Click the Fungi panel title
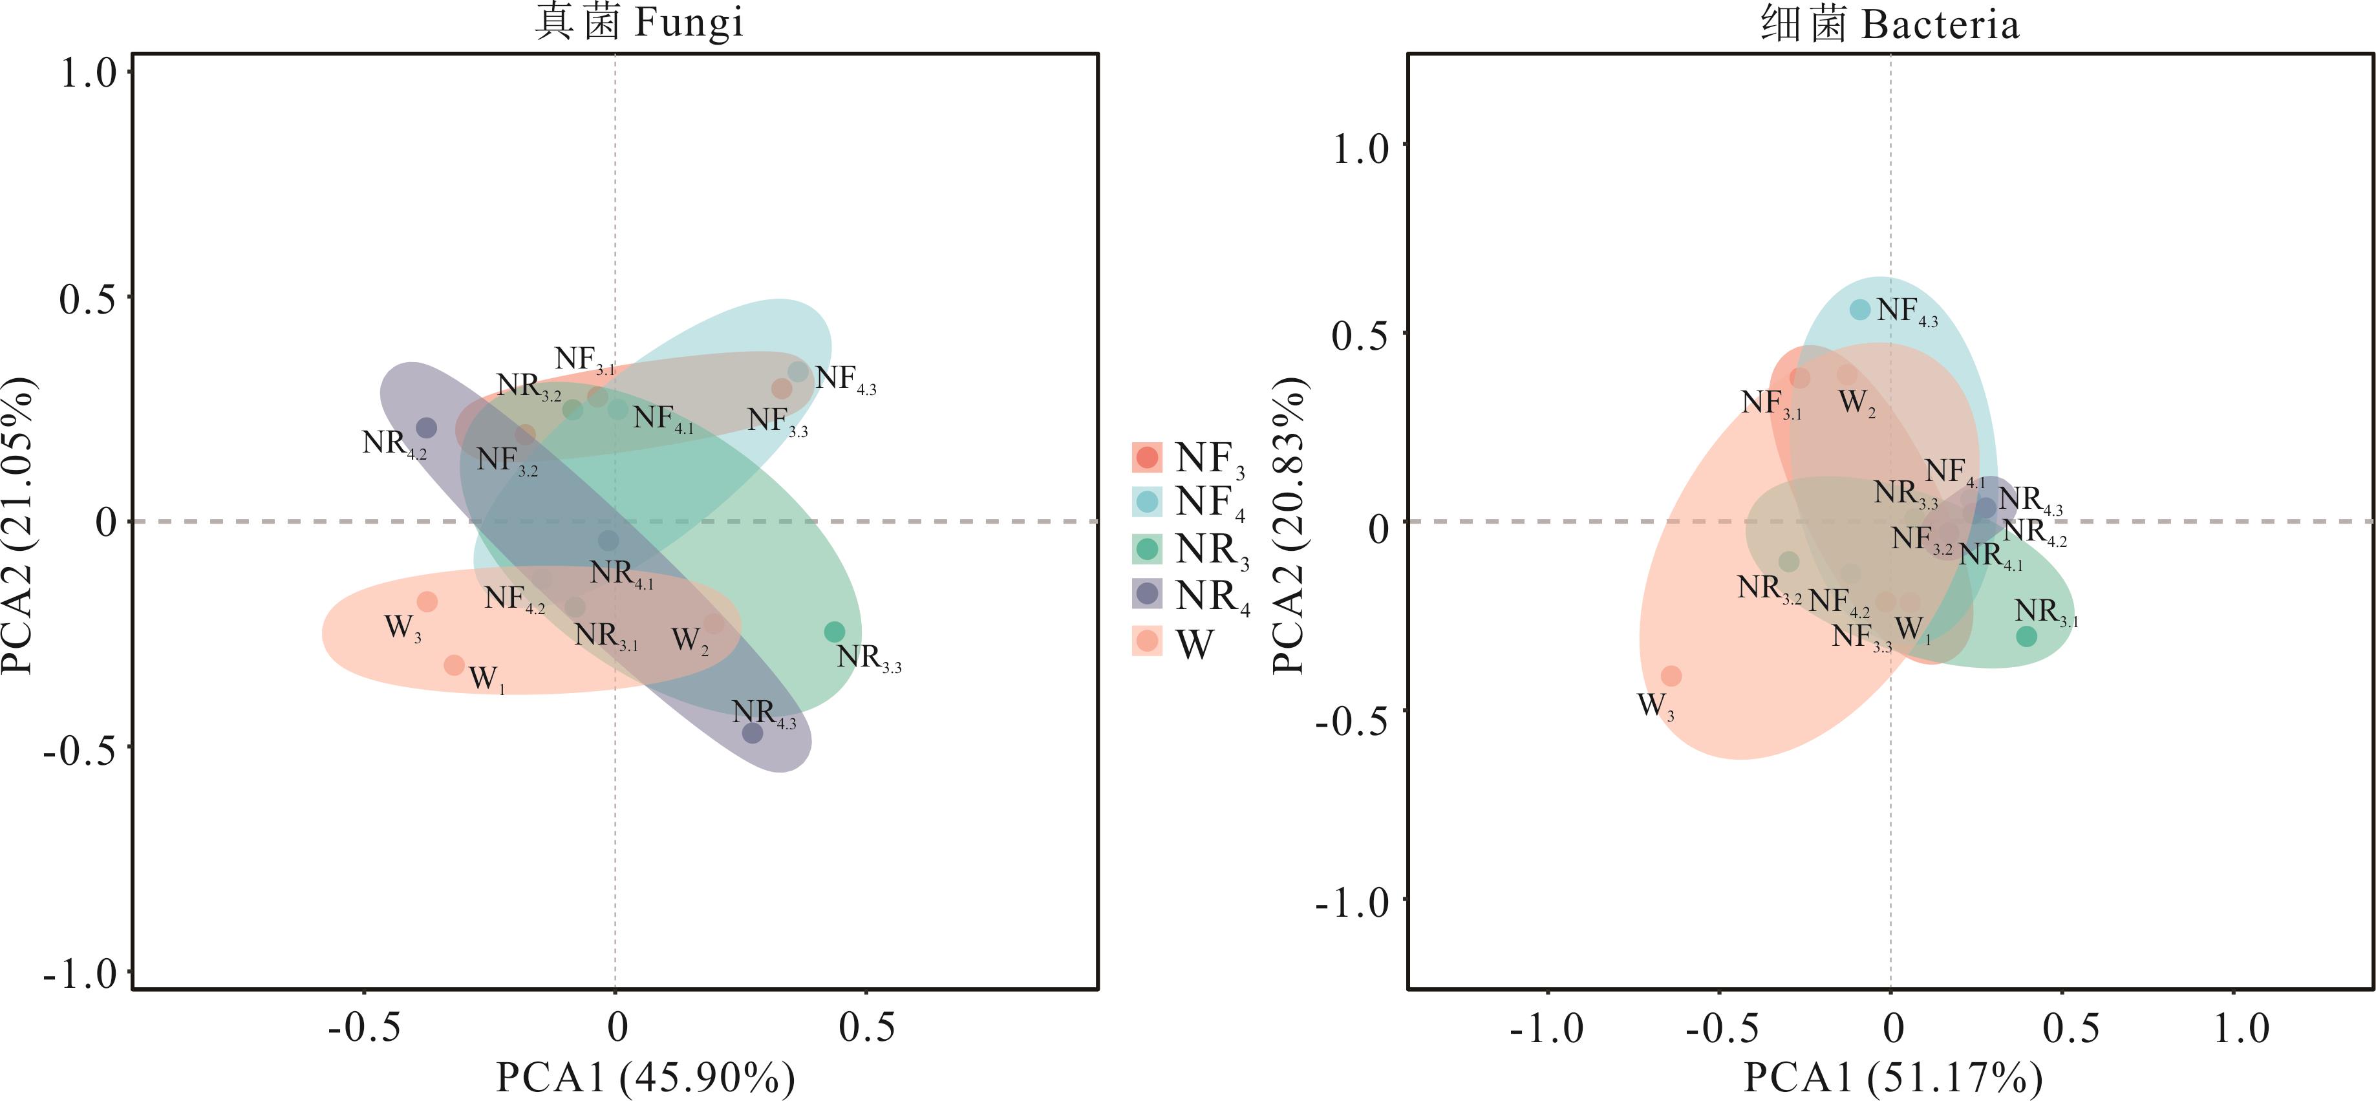click(638, 22)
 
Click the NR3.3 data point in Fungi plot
click(834, 632)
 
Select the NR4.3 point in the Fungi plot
click(753, 733)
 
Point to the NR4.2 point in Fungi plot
click(426, 428)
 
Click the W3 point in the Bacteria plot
click(1671, 676)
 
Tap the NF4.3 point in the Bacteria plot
click(1861, 310)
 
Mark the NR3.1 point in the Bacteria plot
click(2026, 636)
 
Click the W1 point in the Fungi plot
click(454, 665)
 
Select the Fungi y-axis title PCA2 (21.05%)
click(19, 526)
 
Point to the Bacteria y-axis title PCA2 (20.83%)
click(1289, 526)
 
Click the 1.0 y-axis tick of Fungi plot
click(89, 74)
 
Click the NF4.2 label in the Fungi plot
click(514, 599)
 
